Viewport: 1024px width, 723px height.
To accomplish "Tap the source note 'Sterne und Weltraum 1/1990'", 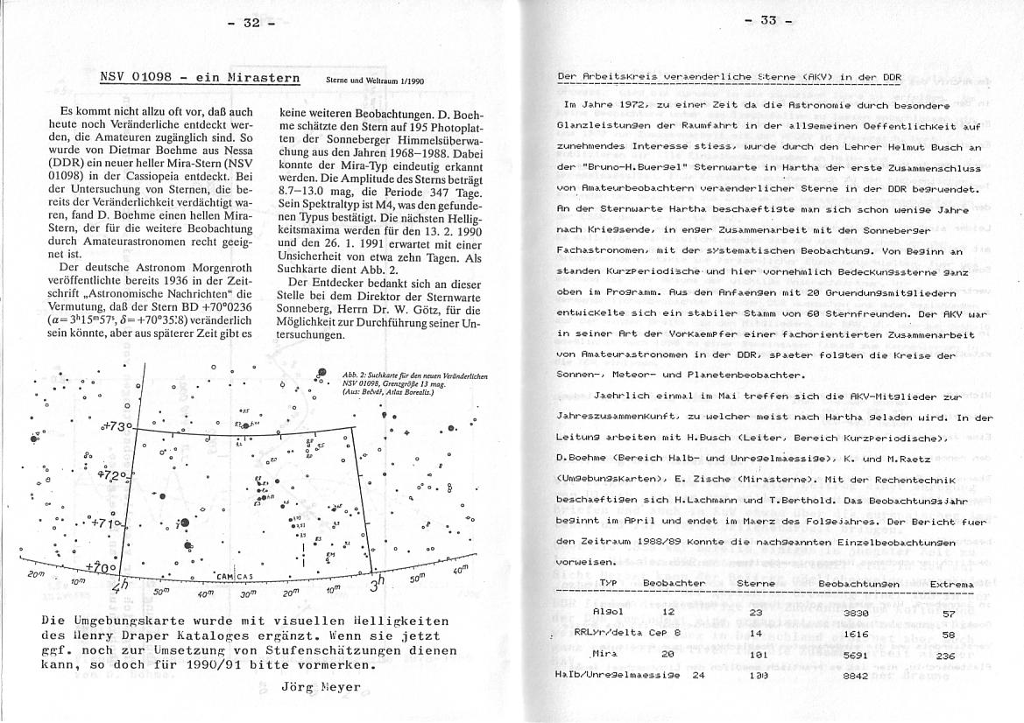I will pyautogui.click(x=374, y=81).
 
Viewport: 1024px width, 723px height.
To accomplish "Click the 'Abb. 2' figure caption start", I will pyautogui.click(x=353, y=376).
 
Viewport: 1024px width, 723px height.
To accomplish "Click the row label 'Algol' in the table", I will pyautogui.click(x=608, y=611).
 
